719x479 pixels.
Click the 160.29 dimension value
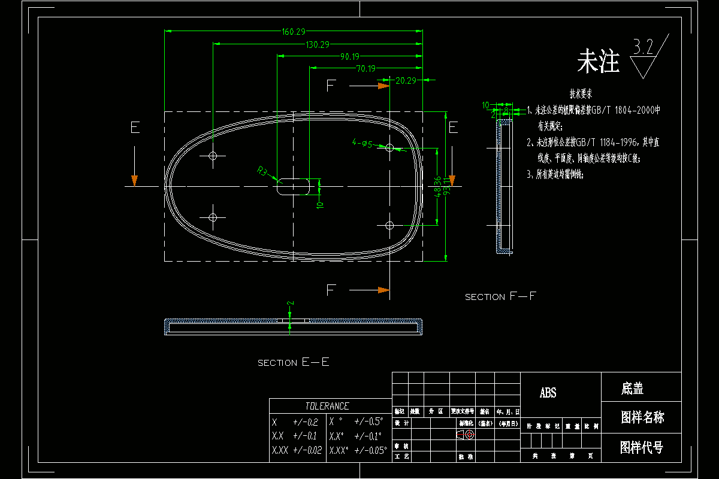pyautogui.click(x=293, y=32)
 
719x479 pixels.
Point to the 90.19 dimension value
pyautogui.click(x=350, y=57)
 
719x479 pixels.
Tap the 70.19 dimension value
pyautogui.click(x=365, y=69)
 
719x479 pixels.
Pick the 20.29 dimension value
pyautogui.click(x=406, y=81)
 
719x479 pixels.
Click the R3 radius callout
pyautogui.click(x=262, y=172)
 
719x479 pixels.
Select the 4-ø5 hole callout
pyautogui.click(x=362, y=144)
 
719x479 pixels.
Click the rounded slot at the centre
pyautogui.click(x=293, y=186)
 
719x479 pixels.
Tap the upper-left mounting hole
pyautogui.click(x=213, y=156)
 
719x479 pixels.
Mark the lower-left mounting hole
pyautogui.click(x=213, y=217)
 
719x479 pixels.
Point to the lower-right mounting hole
pyautogui.click(x=389, y=225)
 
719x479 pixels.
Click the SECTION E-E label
pyautogui.click(x=294, y=362)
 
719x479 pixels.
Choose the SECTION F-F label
pyautogui.click(x=501, y=297)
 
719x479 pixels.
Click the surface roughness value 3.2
pyautogui.click(x=644, y=48)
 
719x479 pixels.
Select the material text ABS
pyautogui.click(x=548, y=393)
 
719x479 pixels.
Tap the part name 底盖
pyautogui.click(x=632, y=389)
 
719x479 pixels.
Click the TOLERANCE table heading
pyautogui.click(x=327, y=406)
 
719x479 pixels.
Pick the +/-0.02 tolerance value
pyautogui.click(x=307, y=450)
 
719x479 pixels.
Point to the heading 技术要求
pyautogui.click(x=581, y=94)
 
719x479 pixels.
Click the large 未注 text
pyautogui.click(x=598, y=62)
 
